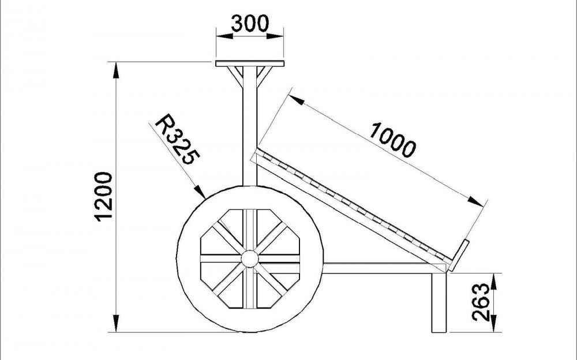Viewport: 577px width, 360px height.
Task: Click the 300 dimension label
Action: (x=250, y=24)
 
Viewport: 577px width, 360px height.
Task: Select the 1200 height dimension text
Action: (x=103, y=197)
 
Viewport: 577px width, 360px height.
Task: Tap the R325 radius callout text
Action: (x=177, y=139)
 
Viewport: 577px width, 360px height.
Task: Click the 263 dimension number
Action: (x=482, y=302)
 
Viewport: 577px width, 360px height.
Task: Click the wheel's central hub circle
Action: (x=250, y=259)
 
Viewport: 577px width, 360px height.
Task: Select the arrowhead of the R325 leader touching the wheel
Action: (x=200, y=192)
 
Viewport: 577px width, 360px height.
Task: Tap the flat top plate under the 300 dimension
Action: (x=250, y=63)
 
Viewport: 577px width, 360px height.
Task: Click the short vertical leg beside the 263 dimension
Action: (x=439, y=302)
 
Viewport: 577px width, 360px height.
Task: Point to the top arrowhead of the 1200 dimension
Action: (x=117, y=70)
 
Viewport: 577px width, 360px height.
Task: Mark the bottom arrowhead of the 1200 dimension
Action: (x=117, y=324)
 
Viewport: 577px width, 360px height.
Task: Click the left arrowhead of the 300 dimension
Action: (x=224, y=36)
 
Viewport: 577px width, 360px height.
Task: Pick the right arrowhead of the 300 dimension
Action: (x=275, y=36)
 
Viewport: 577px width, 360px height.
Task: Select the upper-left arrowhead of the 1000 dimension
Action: (x=297, y=100)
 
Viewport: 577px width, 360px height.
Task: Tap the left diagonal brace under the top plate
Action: (x=235, y=77)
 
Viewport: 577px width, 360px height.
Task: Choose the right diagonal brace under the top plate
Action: (x=265, y=77)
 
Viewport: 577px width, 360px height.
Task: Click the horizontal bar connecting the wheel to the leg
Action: (x=383, y=268)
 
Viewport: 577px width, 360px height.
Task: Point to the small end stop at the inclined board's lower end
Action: (x=459, y=256)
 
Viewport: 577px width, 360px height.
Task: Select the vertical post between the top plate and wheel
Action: (x=250, y=126)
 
